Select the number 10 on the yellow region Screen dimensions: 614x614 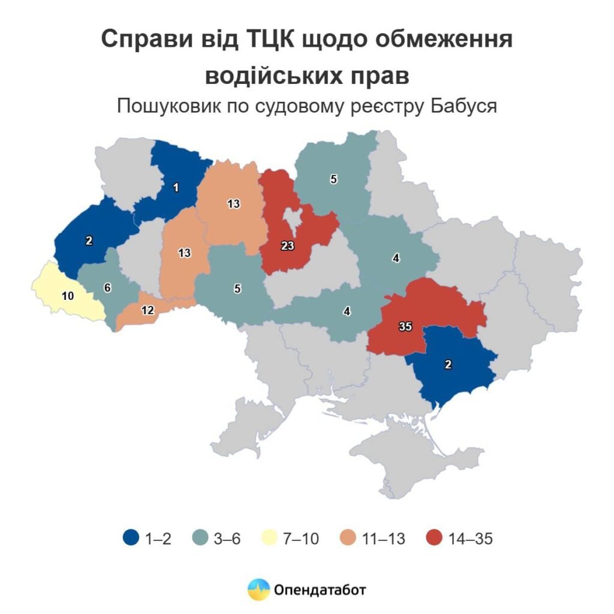click(68, 296)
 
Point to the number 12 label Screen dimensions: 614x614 click(148, 311)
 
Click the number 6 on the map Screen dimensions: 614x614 click(107, 288)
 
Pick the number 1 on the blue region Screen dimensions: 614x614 click(176, 188)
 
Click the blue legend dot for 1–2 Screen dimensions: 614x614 click(130, 538)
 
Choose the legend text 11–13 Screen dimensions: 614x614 click(384, 538)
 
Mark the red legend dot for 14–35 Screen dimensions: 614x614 click(436, 538)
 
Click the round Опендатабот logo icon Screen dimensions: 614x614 click(258, 589)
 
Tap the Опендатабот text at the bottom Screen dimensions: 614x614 click(320, 589)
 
